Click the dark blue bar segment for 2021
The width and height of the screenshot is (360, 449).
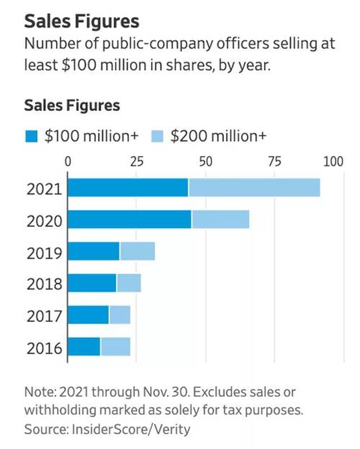[128, 187]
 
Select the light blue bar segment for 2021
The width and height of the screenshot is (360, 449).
[254, 187]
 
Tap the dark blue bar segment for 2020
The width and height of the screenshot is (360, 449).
[129, 219]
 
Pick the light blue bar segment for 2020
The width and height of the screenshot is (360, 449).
[220, 219]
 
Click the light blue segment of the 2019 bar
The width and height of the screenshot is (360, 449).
[137, 251]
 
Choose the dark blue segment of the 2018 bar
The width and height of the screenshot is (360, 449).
[92, 283]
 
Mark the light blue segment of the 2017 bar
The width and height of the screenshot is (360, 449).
[120, 315]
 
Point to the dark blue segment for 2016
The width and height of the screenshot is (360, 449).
[84, 347]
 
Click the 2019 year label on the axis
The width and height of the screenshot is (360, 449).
[44, 253]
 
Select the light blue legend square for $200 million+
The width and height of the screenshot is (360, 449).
[157, 136]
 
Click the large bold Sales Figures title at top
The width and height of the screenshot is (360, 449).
[81, 22]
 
